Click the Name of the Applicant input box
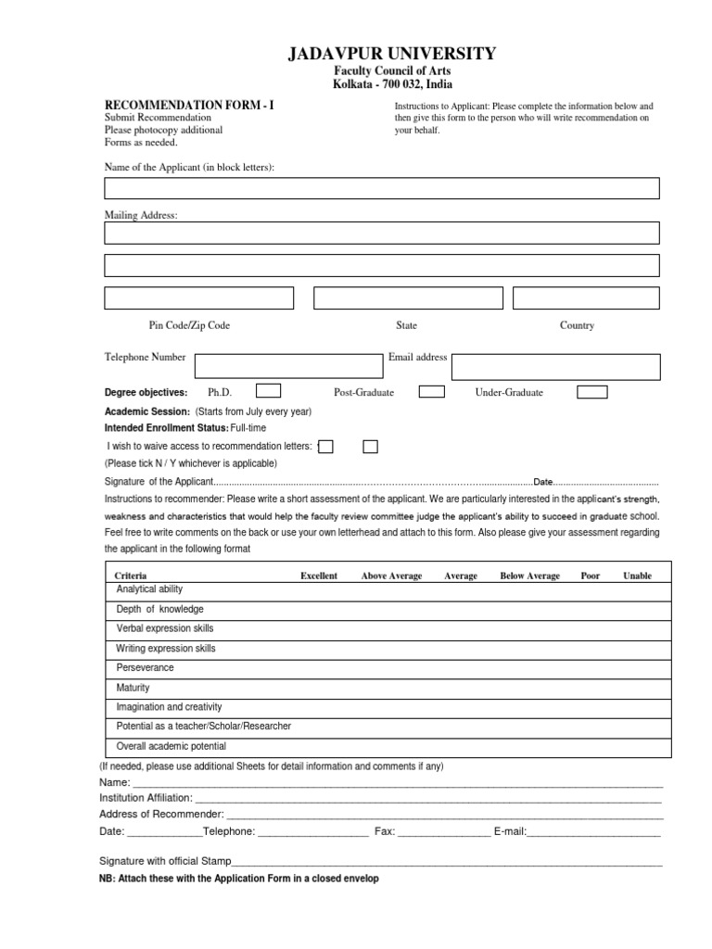point(382,188)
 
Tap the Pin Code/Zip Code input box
point(198,297)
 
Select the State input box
point(408,297)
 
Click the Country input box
point(586,297)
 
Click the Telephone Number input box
point(286,366)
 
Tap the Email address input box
point(556,366)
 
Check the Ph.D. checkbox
point(268,391)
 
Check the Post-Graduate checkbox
point(431,391)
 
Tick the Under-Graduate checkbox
point(591,391)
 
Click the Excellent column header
point(319,576)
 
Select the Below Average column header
point(529,576)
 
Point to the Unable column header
point(637,576)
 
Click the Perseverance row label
point(145,667)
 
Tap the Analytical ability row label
point(149,589)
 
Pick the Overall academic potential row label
point(171,746)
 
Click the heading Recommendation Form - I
point(189,106)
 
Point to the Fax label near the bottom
point(384,831)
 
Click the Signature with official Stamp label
point(165,861)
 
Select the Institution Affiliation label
point(146,797)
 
